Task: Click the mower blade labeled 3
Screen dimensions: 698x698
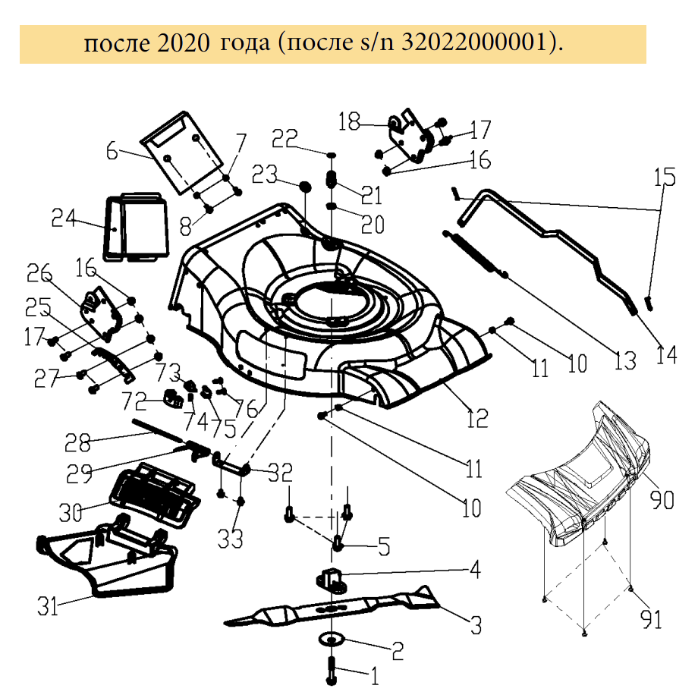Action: point(334,608)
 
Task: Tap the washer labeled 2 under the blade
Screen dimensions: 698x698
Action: point(331,637)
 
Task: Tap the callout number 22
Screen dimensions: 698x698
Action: point(287,138)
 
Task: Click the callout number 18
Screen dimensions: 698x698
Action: point(351,122)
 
